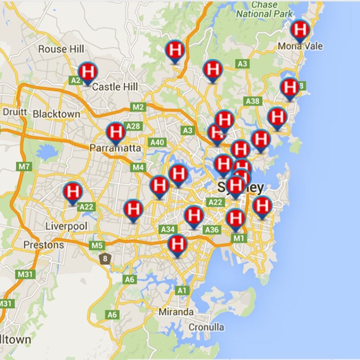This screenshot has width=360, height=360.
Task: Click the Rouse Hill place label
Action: coord(61,49)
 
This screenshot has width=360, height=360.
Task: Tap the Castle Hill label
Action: coord(114,87)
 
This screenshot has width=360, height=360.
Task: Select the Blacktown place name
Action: coord(56,114)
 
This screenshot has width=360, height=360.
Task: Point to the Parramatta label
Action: coord(115,148)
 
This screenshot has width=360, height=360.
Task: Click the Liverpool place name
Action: coord(66,226)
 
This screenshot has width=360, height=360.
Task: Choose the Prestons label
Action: coord(44,245)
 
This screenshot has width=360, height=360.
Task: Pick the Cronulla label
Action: coord(207,327)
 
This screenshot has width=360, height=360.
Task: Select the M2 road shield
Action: coord(138,107)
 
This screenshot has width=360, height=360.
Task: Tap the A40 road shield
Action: coord(157,142)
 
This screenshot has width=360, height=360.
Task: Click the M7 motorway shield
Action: coord(24,167)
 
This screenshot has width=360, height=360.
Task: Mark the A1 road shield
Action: coord(182,290)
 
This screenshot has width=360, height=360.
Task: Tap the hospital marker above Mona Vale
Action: coord(300,30)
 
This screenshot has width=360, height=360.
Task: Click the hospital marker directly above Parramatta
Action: coord(115,132)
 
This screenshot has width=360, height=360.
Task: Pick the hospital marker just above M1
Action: coord(236,218)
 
